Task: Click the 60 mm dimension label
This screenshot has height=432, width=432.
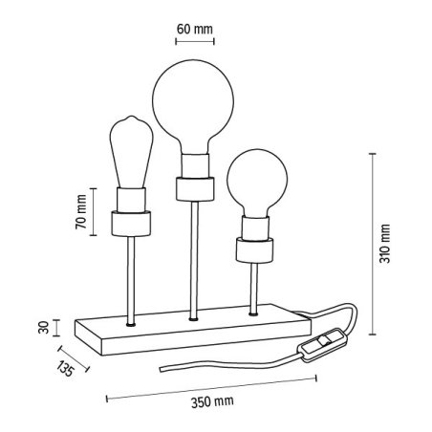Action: [x=195, y=29]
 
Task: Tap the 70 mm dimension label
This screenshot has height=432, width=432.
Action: [x=81, y=211]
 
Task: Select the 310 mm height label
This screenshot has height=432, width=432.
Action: [x=384, y=244]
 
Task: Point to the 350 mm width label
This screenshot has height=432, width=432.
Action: [x=212, y=401]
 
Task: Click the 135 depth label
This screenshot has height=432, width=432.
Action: [x=66, y=369]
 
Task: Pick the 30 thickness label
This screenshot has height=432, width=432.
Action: [x=44, y=327]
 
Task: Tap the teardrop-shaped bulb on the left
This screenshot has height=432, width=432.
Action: [x=131, y=152]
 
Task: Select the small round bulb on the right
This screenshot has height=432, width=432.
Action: [x=257, y=182]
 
